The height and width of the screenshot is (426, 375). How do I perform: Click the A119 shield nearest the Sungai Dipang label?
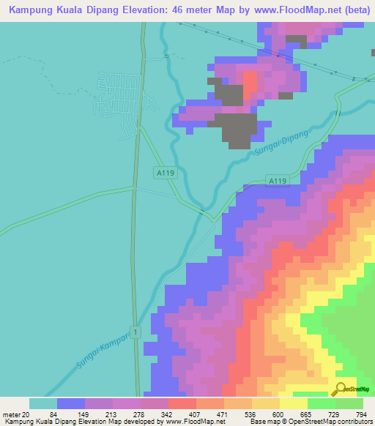[276, 181]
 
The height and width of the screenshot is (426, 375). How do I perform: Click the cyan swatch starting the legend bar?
[43, 403]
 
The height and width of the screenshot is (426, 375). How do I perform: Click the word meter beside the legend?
[10, 414]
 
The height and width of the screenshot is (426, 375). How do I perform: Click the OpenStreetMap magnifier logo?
[341, 389]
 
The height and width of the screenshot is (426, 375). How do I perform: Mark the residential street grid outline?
[117, 99]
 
